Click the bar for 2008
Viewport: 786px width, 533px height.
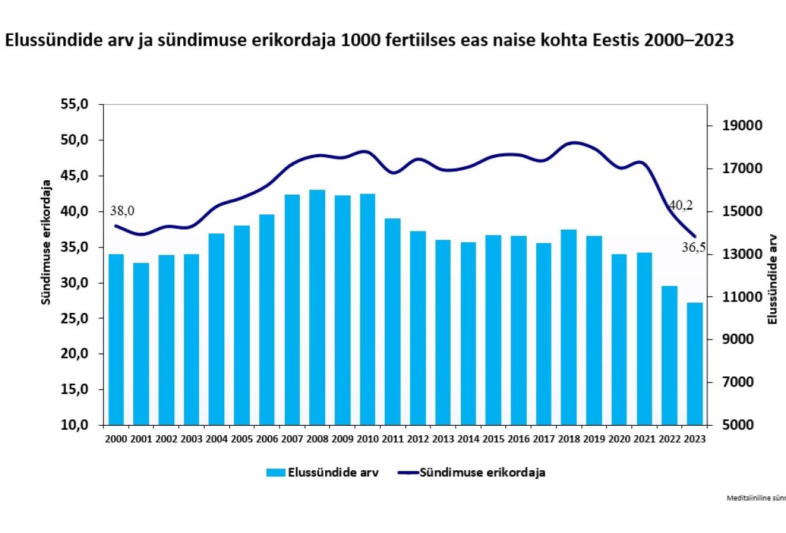(x=318, y=307)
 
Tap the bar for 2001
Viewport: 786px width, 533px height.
(x=141, y=343)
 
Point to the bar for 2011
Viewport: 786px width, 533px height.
(x=393, y=321)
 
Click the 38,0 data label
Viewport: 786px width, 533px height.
(x=122, y=211)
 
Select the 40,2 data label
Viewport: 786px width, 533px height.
(x=680, y=205)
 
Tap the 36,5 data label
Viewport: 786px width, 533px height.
(x=693, y=248)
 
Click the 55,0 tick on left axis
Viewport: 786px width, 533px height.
(x=78, y=104)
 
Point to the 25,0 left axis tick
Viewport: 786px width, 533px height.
(x=78, y=319)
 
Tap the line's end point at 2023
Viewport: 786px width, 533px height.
(x=695, y=237)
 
